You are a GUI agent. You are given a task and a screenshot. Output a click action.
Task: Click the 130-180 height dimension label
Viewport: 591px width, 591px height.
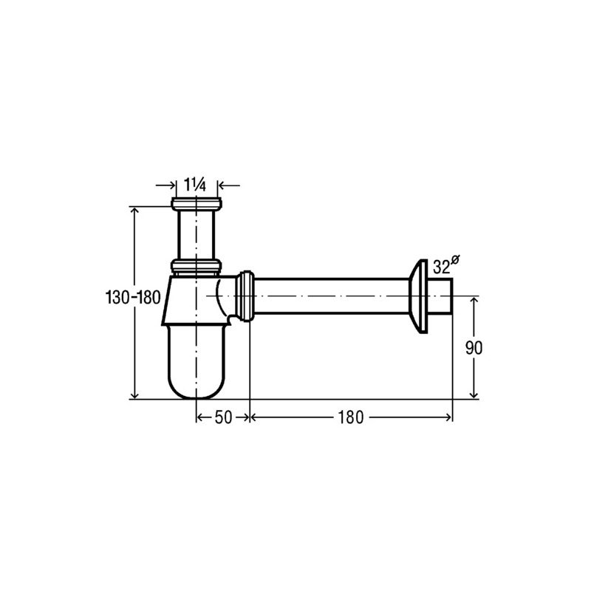133,298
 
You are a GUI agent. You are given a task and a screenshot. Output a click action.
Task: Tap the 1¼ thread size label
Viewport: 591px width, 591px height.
194,185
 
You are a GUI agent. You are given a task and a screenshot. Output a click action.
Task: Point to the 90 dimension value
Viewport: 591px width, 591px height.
474,347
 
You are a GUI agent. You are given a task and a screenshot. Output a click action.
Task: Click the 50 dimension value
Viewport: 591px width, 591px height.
223,417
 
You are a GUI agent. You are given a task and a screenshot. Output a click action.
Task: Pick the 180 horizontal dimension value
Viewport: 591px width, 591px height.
350,417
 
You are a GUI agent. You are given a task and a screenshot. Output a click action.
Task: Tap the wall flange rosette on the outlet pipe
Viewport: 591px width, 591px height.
418,297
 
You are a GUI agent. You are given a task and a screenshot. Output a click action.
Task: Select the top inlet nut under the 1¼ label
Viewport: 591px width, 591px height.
196,204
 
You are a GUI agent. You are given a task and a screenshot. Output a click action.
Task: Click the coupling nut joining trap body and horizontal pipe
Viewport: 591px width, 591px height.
245,296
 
